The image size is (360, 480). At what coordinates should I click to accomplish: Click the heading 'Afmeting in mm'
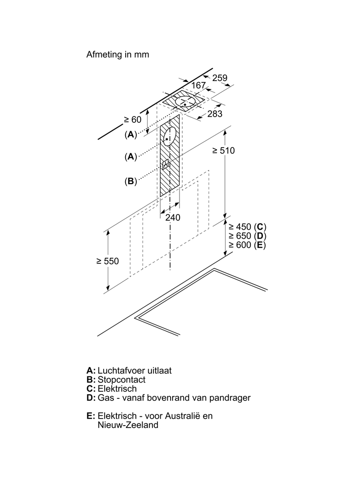[117, 55]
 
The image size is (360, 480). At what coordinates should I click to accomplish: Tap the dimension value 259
[219, 78]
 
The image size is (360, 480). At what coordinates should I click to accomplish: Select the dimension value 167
[198, 85]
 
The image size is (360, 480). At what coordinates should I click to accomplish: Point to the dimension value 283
[215, 114]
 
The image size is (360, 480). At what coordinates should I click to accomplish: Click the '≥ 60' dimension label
[132, 120]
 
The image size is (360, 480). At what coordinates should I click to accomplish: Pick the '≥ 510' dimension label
[223, 150]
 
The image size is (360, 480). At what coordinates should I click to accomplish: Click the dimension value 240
[172, 217]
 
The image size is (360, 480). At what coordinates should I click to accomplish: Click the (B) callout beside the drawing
[130, 181]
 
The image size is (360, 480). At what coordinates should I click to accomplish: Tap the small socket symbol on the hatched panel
[165, 165]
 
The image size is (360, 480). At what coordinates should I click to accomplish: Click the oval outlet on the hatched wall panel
[170, 136]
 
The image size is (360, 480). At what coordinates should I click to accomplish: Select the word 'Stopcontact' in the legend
[121, 380]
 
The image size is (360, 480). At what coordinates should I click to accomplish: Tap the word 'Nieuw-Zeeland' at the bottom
[128, 425]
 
